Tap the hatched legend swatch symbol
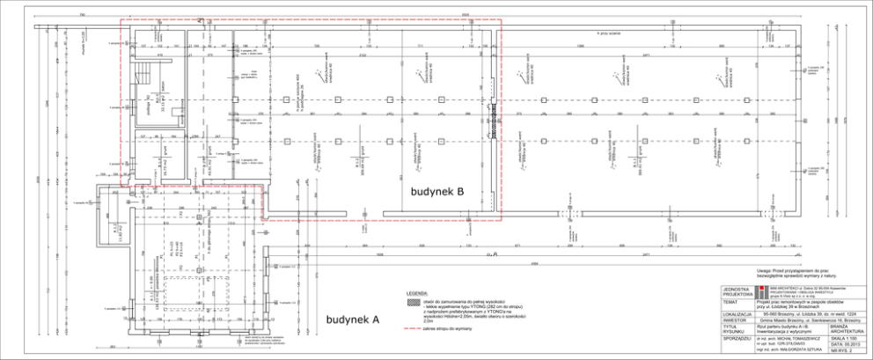(412, 301)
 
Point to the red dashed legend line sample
(412, 327)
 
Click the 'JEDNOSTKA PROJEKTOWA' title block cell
(737, 291)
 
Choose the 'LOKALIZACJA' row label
(737, 313)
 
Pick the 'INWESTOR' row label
(733, 320)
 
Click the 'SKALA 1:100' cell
(843, 338)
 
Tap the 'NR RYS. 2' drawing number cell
(843, 353)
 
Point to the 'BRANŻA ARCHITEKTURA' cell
(843, 328)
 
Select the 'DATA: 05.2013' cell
(843, 345)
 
